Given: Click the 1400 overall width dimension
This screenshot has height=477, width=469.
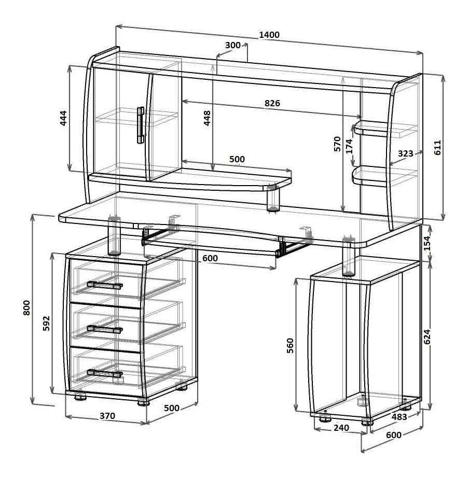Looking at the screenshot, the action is (269, 35).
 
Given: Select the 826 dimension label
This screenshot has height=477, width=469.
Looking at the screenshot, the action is (272, 103).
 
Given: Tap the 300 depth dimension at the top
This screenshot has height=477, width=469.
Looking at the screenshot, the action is (233, 45).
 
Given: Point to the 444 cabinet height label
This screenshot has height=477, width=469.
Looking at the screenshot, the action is (63, 118).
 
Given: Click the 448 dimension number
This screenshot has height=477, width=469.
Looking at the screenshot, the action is (207, 118).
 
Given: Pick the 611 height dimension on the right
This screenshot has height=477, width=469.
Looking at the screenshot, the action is (437, 148).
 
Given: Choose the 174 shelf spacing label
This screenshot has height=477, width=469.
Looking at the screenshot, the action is (349, 146).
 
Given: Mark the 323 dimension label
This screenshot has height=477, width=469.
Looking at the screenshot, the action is (405, 153).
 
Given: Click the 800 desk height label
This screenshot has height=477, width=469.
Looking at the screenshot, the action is (27, 307).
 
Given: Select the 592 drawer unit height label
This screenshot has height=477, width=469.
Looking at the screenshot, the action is (46, 324).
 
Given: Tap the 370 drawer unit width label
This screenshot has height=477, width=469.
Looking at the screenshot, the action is (107, 415).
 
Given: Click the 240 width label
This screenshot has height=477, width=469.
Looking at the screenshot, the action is (341, 428).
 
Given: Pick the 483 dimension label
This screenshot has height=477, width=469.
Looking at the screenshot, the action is (399, 417).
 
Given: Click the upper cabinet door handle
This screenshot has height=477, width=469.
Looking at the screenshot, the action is (140, 125).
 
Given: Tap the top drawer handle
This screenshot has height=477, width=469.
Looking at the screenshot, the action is (105, 285).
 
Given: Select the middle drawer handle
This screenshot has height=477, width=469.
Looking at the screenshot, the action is (105, 329).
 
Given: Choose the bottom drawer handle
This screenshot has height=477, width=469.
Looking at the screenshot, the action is (105, 373).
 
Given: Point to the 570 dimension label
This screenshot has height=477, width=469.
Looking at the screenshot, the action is (337, 144).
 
